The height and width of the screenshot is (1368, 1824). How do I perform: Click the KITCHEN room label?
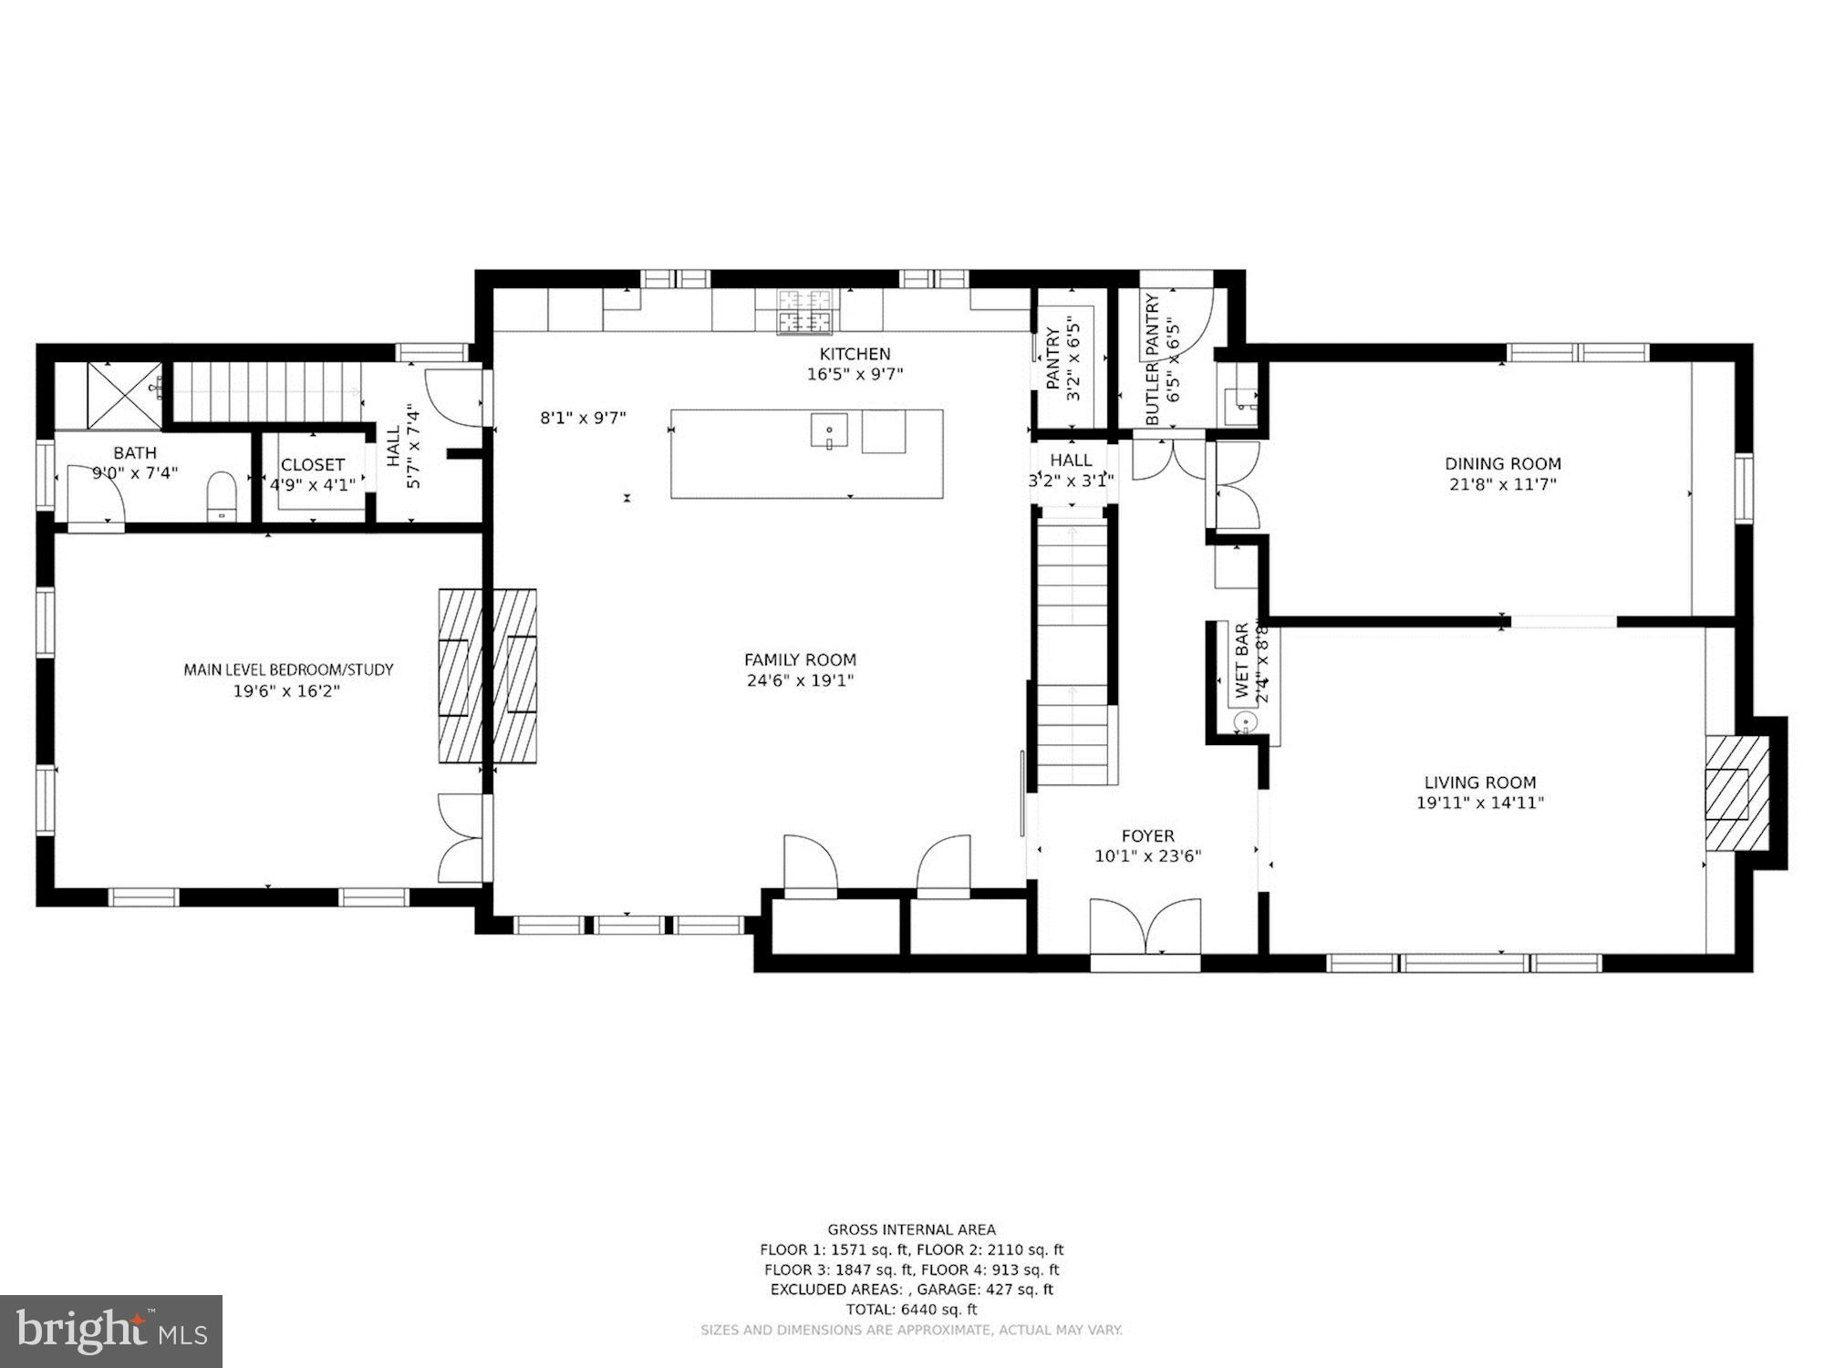[855, 354]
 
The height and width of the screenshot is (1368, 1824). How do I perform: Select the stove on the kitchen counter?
[805, 310]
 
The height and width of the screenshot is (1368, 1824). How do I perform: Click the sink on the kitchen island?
[829, 430]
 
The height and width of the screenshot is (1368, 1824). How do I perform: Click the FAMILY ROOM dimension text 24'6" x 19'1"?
[800, 680]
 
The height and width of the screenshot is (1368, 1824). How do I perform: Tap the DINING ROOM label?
[1502, 463]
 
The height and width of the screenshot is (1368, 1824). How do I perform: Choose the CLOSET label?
[313, 465]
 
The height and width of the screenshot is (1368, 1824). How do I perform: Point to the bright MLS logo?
[110, 1331]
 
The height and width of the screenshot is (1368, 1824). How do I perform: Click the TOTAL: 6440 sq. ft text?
[911, 1309]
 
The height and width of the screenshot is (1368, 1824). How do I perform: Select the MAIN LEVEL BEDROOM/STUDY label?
[288, 669]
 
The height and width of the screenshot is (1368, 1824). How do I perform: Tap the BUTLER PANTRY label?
[1152, 359]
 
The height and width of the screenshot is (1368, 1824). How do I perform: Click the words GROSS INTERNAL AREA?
[911, 1229]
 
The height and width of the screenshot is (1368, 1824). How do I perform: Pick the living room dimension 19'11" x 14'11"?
[1479, 803]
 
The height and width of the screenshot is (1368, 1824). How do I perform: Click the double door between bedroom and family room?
[461, 838]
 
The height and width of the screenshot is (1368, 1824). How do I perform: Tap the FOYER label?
[1147, 835]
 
